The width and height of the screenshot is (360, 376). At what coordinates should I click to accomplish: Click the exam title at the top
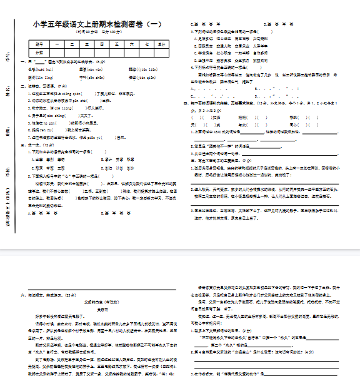[x=96, y=24]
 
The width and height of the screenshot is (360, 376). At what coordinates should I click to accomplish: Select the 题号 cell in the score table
[x=39, y=44]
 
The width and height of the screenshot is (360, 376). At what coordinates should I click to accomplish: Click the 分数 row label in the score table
[x=39, y=52]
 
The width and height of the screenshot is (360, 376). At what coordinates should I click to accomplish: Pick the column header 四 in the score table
[x=101, y=44]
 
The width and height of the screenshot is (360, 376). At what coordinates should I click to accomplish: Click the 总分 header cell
[x=162, y=44]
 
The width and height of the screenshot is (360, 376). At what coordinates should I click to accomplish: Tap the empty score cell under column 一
[x=55, y=52]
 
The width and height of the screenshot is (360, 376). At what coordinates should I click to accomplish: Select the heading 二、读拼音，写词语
[x=43, y=86]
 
